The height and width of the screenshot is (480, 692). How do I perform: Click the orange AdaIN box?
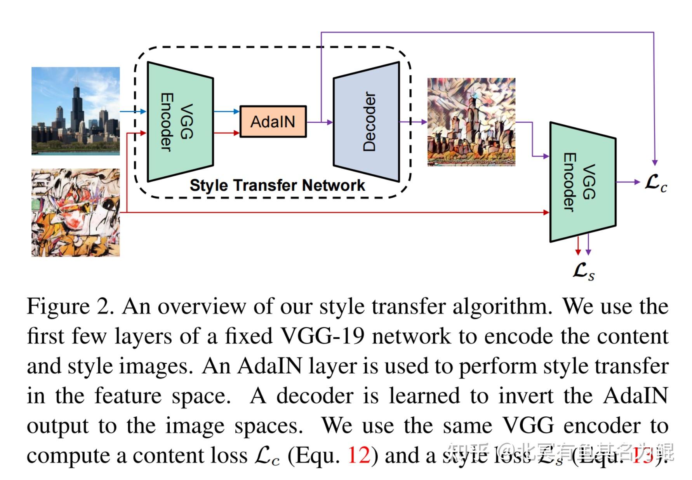(x=273, y=122)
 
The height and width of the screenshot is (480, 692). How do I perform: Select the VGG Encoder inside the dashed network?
(x=180, y=122)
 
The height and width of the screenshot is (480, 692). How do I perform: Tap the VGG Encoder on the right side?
(x=582, y=182)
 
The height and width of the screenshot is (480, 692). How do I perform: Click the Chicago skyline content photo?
(x=76, y=111)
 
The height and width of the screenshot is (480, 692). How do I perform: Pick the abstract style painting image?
(x=76, y=212)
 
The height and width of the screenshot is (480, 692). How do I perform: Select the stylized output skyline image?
(x=471, y=122)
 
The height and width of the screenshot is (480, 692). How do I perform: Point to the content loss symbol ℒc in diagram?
(x=655, y=183)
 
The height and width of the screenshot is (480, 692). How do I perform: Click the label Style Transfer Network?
(x=277, y=185)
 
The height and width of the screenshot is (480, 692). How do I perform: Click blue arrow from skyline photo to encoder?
(x=132, y=111)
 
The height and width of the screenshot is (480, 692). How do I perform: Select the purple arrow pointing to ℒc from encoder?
(x=628, y=182)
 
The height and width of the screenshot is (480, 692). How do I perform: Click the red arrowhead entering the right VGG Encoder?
(x=546, y=212)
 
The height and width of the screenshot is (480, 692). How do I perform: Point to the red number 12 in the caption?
(x=359, y=455)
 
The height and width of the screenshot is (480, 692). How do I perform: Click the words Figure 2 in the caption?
(x=70, y=307)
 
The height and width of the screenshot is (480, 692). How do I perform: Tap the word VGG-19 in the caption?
(x=322, y=336)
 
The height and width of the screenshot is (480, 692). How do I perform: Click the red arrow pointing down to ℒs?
(x=578, y=247)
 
